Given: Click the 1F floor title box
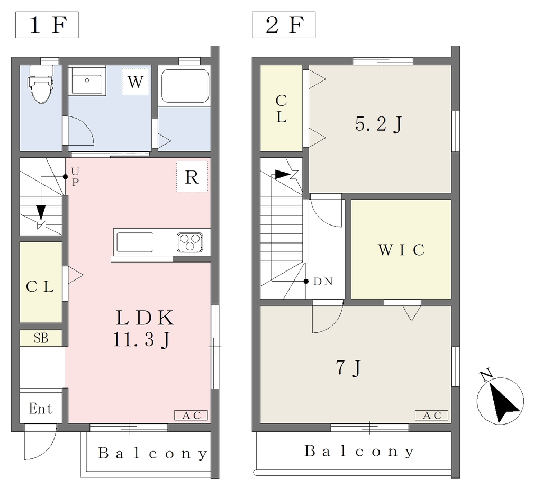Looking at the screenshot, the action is click(x=47, y=25).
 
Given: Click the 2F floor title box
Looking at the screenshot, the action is click(x=284, y=25).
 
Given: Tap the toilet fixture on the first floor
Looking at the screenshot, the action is click(x=41, y=84).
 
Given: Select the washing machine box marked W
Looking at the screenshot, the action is click(x=135, y=82).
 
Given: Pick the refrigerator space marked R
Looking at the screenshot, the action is click(x=192, y=177).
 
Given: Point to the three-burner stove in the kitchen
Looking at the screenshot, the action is click(x=190, y=242).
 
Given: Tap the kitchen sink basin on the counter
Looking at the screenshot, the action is click(x=135, y=242).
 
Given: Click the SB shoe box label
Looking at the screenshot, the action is click(x=41, y=338).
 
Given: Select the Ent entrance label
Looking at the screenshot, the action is click(x=41, y=409).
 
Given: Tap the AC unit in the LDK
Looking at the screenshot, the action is click(x=191, y=415).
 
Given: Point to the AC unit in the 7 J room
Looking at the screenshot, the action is click(x=432, y=415).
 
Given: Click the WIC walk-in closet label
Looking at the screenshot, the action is click(x=401, y=249).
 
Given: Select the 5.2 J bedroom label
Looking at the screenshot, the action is click(x=379, y=124).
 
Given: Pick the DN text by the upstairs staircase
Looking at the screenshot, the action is click(x=323, y=282).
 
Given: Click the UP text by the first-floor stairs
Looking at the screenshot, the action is click(x=75, y=177).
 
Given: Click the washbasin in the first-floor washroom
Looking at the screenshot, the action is click(x=87, y=81).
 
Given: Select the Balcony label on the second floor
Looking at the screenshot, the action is click(x=359, y=452).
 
